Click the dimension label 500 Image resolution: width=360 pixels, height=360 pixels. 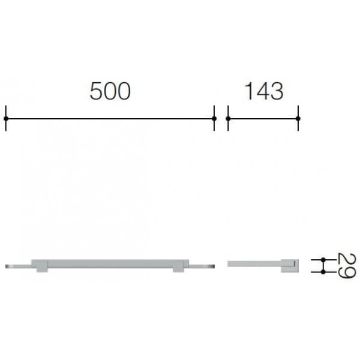pos(110,91)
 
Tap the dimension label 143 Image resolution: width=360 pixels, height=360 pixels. pos(264,91)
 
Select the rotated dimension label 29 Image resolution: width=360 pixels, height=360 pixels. pos(347,266)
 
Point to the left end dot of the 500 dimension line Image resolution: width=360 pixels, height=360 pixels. pos(6,119)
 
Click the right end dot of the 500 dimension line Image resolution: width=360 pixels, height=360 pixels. pos(214,119)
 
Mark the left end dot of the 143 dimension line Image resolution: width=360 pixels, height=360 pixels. pos(228,119)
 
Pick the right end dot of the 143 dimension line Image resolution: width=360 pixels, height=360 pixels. pos(298,119)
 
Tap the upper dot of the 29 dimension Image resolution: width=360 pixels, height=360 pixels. pos(323,260)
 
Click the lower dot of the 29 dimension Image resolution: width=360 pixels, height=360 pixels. pos(323,272)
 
